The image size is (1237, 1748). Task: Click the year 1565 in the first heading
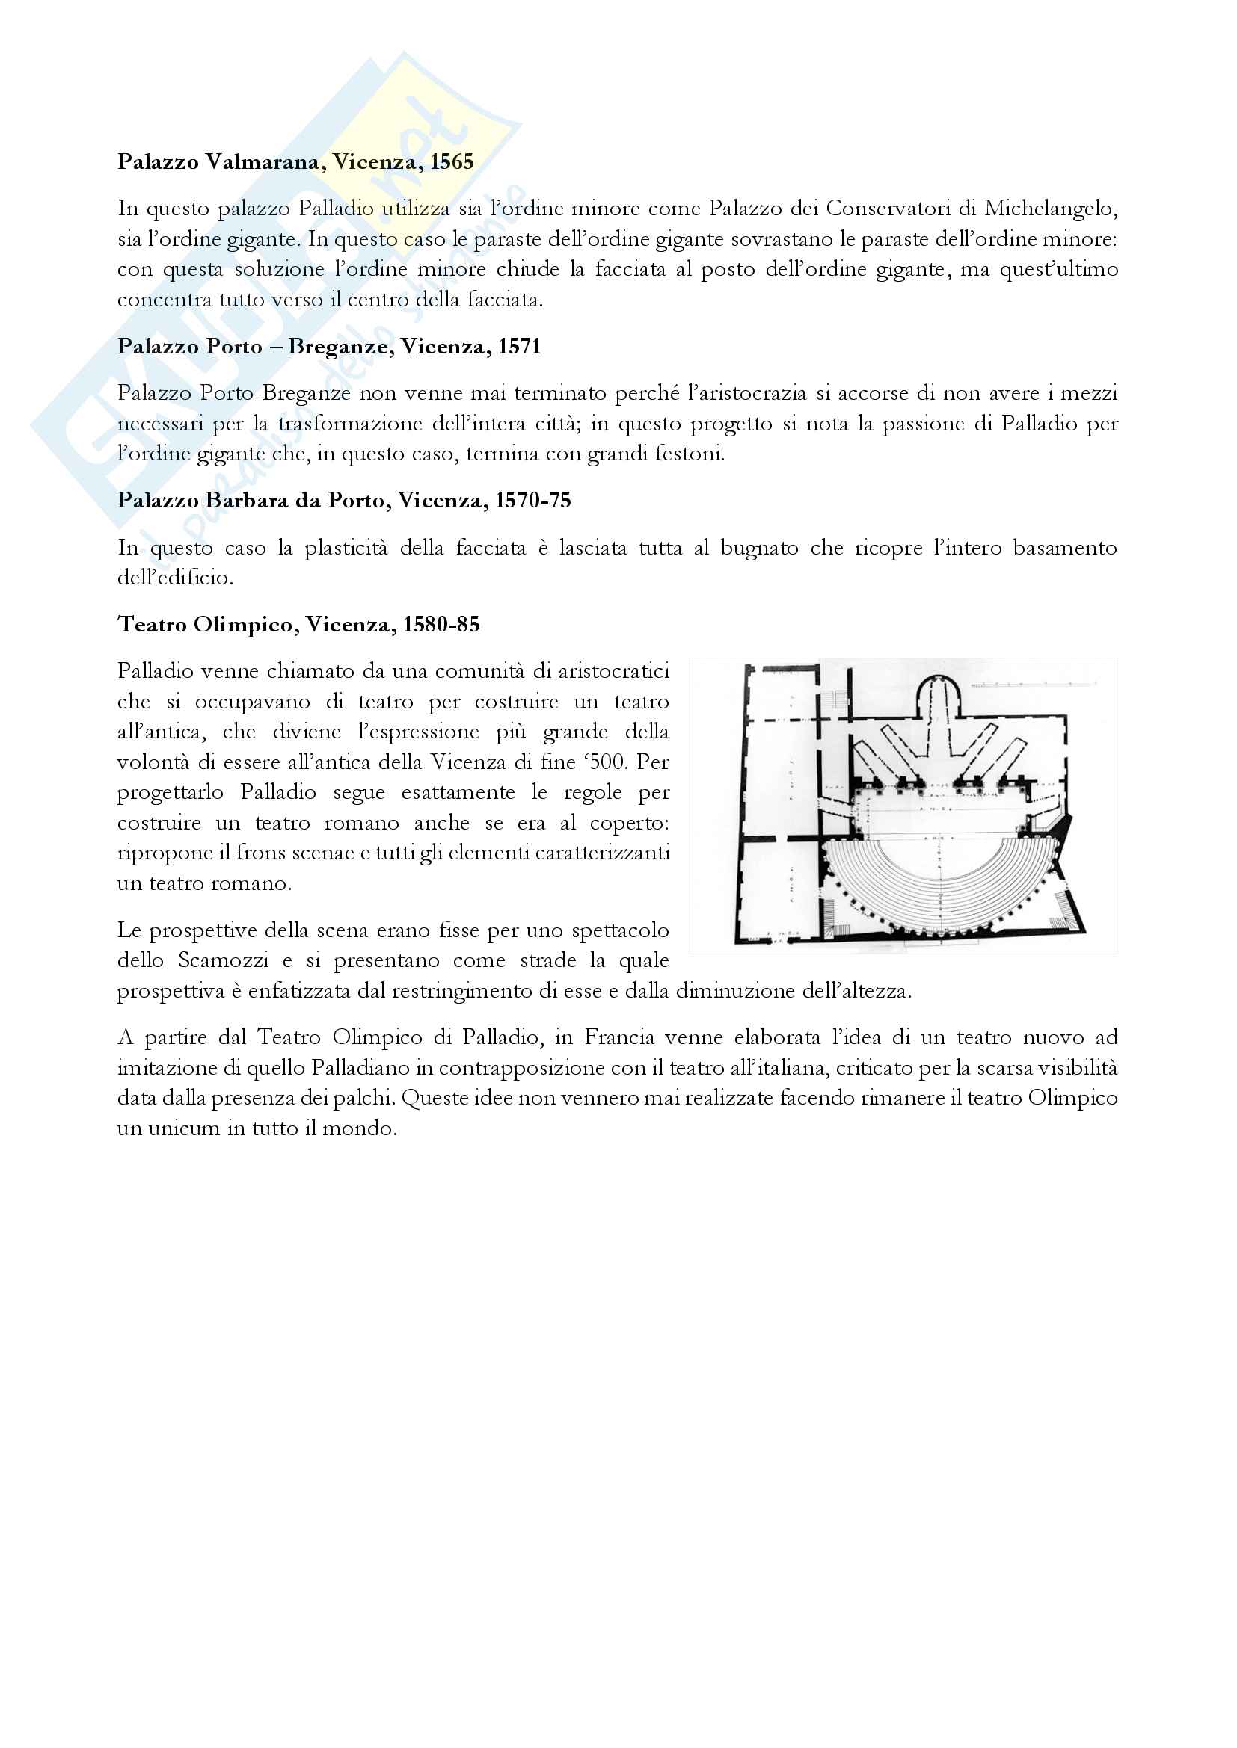[x=452, y=161]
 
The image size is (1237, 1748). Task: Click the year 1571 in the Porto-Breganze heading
[x=520, y=347]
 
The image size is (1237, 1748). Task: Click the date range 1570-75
[x=532, y=500]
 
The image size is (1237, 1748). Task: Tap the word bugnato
[x=758, y=548]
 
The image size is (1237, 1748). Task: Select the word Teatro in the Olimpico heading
[x=152, y=624]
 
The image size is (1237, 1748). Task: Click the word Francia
[x=619, y=1037]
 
